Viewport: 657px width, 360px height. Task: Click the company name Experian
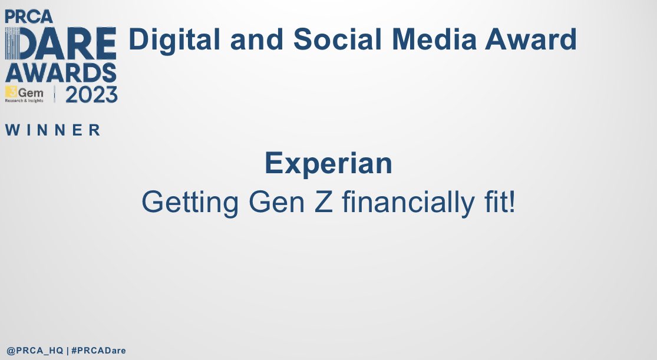328,163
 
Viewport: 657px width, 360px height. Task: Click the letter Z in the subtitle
326,203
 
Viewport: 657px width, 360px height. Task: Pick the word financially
405,203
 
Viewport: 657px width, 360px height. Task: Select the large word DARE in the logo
61,45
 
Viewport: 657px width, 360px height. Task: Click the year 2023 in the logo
91,94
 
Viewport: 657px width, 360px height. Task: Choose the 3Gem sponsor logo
24,94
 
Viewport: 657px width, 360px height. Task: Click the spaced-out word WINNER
53,130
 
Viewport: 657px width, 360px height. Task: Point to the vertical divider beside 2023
55,94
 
